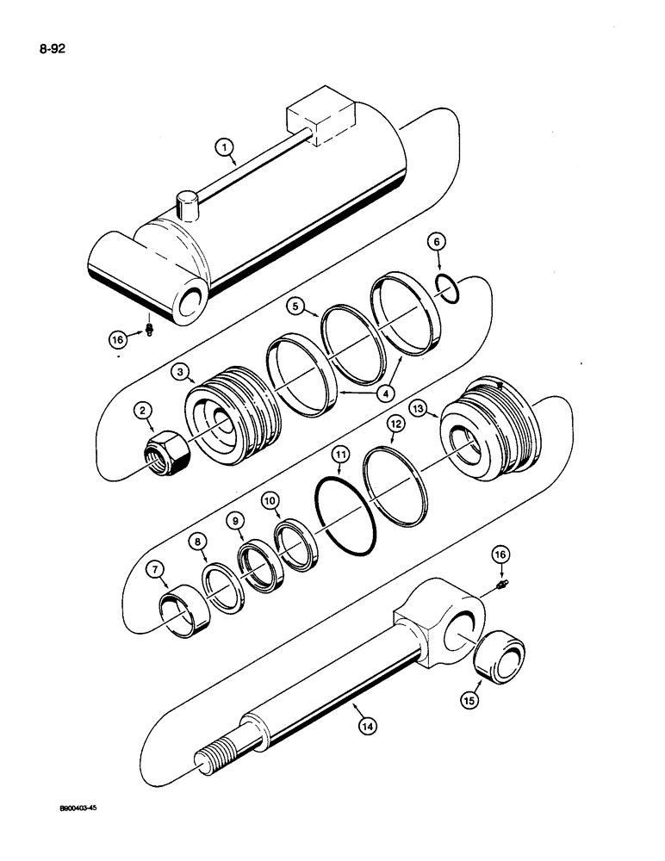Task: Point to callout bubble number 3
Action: coord(180,372)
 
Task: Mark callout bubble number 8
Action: coord(198,542)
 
